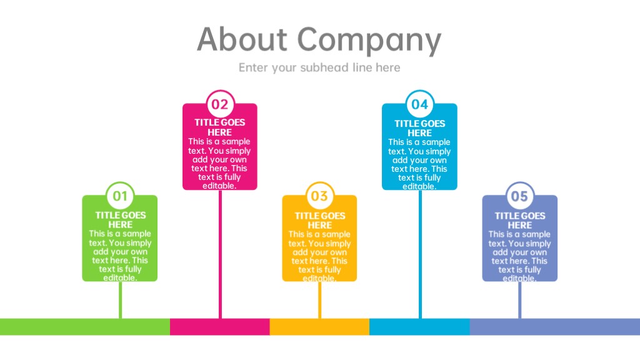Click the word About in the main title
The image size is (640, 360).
pos(242,39)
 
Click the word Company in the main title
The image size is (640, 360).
pos(369,41)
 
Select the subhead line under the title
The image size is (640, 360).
pos(319,67)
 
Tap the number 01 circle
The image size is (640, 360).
pos(120,196)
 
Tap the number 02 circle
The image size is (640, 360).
pos(220,104)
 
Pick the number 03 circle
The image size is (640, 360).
pos(319,196)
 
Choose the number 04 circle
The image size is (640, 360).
pos(419,104)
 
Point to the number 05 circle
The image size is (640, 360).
pos(519,196)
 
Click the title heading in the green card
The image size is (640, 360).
pos(121,220)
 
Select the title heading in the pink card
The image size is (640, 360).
pos(220,127)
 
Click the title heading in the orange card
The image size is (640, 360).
pos(320,221)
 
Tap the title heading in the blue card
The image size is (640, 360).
pos(419,128)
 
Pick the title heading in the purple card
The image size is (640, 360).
pos(520,221)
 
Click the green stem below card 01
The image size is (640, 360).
pos(120,300)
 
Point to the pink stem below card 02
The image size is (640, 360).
pos(221,254)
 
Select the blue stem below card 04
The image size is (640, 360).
pos(420,254)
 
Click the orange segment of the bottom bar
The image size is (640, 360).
pos(319,327)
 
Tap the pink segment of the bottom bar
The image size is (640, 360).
pos(220,327)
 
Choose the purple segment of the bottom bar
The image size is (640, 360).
pos(555,327)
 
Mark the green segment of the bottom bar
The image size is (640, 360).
pos(85,327)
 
